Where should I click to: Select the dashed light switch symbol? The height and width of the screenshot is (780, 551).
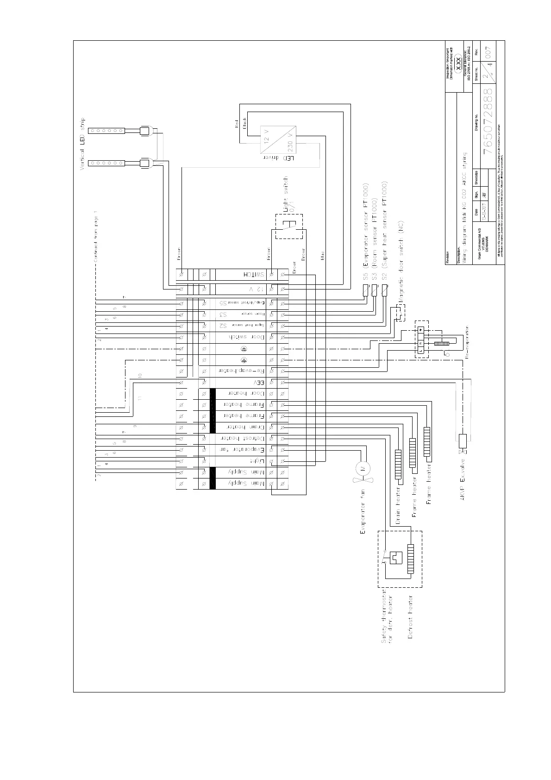pos(289,226)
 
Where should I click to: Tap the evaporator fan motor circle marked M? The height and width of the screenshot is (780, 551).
pos(363,468)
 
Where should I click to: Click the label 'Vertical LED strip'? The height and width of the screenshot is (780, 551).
pos(83,144)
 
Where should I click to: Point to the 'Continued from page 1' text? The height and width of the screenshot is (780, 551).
pos(96,236)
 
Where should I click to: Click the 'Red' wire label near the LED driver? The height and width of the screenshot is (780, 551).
pos(237,124)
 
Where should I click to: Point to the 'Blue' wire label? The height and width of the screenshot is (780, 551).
pos(322,255)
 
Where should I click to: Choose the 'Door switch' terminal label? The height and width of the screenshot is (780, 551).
pos(248,337)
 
